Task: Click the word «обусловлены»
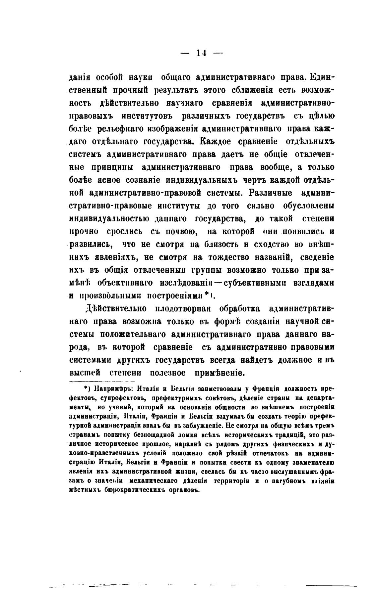pyautogui.click(x=309, y=206)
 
